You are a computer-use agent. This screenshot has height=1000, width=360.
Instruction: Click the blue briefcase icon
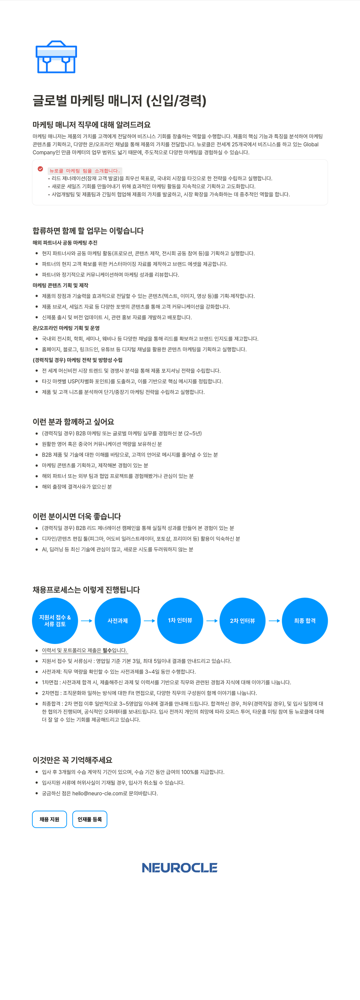pos(56,57)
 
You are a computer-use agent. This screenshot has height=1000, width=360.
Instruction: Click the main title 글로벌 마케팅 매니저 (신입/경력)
pos(120,101)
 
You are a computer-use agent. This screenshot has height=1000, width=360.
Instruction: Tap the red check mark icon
pos(40,169)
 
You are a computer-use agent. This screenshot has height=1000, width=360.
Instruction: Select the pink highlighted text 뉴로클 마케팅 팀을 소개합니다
pos(85,171)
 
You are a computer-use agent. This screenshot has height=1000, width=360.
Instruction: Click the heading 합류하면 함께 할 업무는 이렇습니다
pos(88,231)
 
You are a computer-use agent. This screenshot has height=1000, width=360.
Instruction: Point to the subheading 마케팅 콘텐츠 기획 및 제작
pos(61,285)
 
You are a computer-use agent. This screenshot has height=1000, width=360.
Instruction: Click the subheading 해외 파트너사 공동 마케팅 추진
pos(65,243)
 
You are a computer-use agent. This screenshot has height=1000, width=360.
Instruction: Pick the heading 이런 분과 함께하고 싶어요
pos(73,422)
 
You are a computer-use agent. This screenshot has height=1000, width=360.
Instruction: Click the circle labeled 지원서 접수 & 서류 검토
pos(55,621)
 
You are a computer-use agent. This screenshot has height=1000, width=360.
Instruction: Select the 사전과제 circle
pos(118,621)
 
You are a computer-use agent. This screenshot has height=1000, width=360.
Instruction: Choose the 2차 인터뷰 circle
pos(243,621)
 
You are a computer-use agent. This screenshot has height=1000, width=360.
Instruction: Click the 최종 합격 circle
pos(305,621)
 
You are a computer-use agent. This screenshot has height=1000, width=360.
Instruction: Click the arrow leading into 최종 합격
pos(274,621)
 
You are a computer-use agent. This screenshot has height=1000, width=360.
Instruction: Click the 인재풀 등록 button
pos(90,819)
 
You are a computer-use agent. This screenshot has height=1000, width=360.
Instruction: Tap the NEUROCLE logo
pos(180,868)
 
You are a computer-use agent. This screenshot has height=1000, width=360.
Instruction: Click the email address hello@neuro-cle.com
pos(97,793)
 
